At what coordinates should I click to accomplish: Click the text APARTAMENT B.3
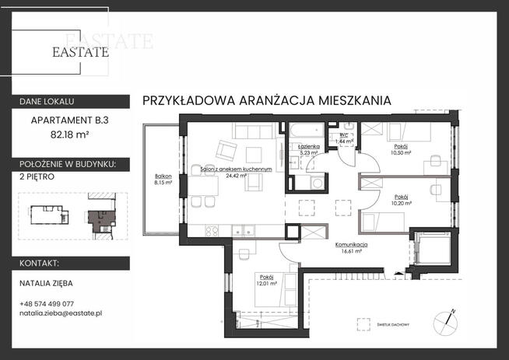68,121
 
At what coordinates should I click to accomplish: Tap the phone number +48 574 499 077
47,303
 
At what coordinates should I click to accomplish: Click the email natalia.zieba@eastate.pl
61,313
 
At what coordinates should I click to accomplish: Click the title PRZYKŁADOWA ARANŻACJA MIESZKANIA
267,100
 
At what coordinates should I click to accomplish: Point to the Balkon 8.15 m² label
163,180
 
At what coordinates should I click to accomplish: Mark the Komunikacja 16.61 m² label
353,248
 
